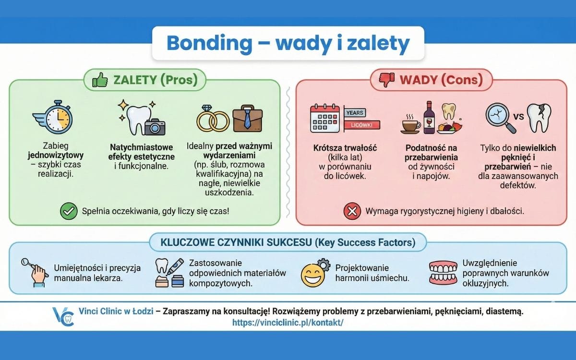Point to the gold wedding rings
[213, 120]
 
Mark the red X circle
[352, 211]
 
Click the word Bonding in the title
[209, 44]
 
